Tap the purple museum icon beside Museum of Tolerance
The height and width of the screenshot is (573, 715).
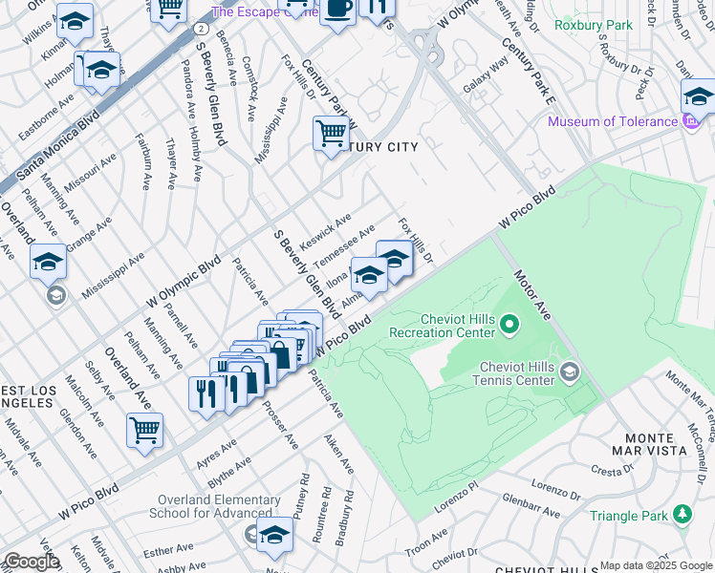point(688,121)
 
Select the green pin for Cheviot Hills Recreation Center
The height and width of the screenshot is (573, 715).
point(509,326)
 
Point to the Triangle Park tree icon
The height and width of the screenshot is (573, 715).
point(682,516)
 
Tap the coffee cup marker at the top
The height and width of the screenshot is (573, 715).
point(337,9)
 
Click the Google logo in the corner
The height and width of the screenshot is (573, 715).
point(31,562)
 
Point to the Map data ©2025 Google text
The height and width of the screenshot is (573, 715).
point(655,565)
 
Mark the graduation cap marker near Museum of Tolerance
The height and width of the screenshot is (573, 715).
point(698,97)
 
